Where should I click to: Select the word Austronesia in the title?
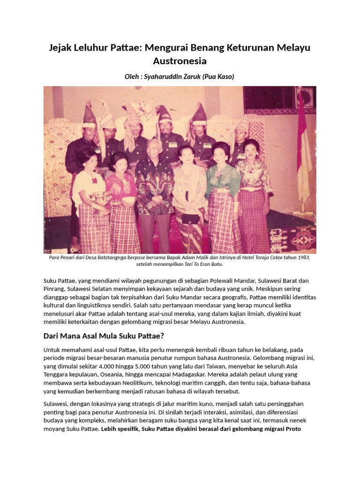pos(180,61)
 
